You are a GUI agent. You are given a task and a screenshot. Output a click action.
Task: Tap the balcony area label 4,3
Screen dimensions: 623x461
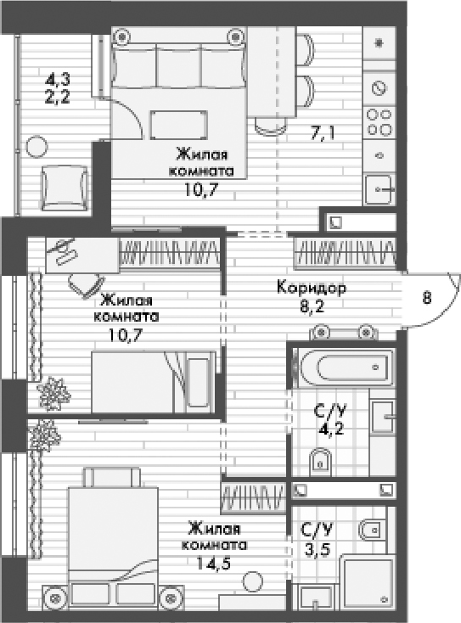58,79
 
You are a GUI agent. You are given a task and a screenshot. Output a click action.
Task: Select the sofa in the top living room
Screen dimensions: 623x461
179,67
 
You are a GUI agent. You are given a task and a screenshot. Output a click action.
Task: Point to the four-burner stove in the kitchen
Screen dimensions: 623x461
379,122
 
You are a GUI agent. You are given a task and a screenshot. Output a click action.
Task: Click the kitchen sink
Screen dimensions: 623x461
379,188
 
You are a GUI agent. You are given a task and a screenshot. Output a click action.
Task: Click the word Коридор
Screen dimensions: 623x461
311,288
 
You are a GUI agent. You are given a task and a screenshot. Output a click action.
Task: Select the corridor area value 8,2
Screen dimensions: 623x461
311,308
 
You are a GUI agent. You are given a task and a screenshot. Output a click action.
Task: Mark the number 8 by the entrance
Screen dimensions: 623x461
427,297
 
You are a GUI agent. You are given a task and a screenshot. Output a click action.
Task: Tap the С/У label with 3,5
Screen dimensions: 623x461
318,530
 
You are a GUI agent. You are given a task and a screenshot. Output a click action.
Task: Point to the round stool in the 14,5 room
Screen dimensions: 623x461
251,581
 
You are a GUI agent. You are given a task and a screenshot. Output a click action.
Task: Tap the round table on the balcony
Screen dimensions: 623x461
36,146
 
